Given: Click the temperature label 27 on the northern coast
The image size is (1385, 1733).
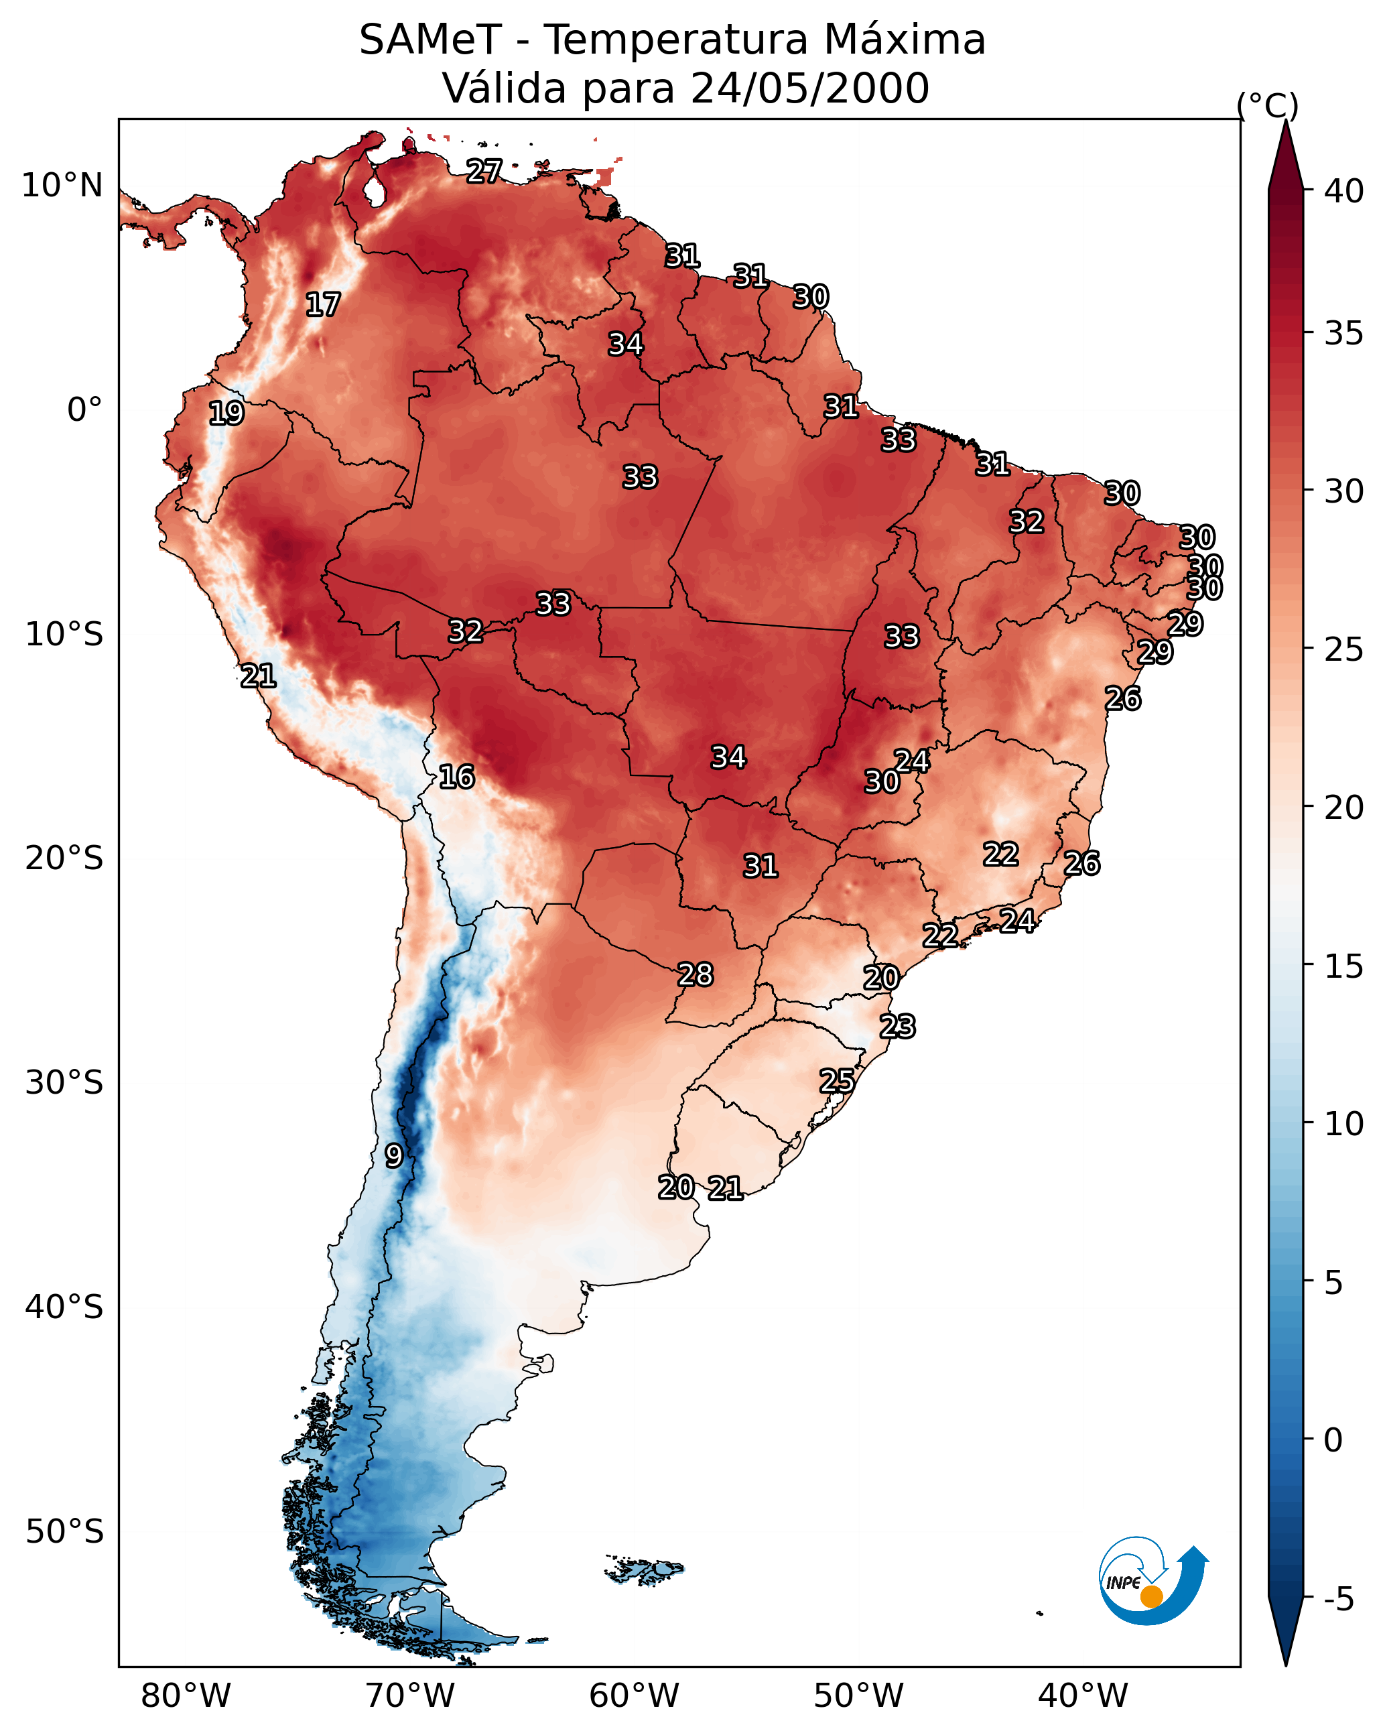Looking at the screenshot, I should [x=484, y=171].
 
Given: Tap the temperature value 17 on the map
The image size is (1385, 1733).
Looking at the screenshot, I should [x=323, y=305].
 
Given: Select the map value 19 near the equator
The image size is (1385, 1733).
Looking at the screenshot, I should [x=226, y=413].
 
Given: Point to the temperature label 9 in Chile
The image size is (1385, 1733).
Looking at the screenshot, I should [x=393, y=1156].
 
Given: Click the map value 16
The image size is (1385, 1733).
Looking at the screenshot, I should [x=456, y=777].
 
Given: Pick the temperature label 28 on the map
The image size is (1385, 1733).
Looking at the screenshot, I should [x=696, y=975].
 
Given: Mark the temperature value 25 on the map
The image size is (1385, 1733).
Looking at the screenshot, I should [x=837, y=1081].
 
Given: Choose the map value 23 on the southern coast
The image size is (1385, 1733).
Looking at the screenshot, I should [x=897, y=1027].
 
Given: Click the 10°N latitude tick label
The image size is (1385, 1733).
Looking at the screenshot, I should [x=62, y=186].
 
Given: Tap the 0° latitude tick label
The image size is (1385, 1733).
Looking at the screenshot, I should [x=84, y=410].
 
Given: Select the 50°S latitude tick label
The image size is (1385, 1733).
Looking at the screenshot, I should [x=64, y=1532].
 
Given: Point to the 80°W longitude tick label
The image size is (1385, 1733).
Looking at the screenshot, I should [x=186, y=1695].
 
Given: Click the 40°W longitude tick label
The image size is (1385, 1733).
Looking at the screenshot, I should [x=1083, y=1695].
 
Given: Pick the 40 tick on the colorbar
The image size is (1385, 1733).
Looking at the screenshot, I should [x=1344, y=191].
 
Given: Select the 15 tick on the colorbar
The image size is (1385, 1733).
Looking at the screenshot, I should [x=1344, y=966].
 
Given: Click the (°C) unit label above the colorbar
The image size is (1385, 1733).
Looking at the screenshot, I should [x=1268, y=105].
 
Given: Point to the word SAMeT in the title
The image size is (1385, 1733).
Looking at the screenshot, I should [x=430, y=40].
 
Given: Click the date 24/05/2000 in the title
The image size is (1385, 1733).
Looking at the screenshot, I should [x=809, y=88].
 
